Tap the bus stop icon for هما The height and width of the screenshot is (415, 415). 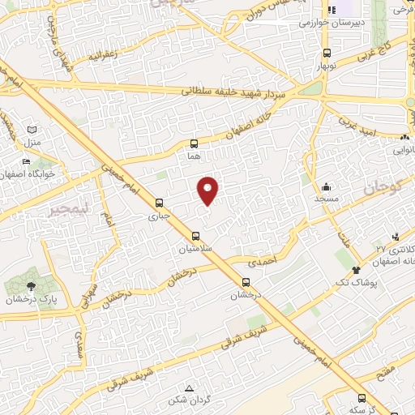click(x=193, y=143)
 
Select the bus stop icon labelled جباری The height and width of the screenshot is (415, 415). click(x=159, y=203)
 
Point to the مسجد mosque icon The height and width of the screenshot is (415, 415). click(x=326, y=186)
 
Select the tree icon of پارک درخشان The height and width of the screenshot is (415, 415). click(x=31, y=285)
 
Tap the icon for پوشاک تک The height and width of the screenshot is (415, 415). click(x=355, y=269)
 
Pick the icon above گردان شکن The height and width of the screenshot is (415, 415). click(x=189, y=388)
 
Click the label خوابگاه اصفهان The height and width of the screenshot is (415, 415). click(x=30, y=173)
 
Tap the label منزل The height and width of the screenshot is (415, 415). click(x=32, y=143)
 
